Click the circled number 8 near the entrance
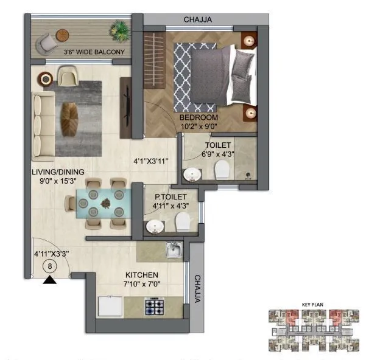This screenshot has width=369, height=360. click(50, 266)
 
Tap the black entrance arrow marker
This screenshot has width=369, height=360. click(50, 280)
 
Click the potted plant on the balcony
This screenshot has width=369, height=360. click(121, 30)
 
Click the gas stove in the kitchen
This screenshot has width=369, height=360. click(154, 307)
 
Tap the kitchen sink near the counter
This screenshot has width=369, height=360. click(173, 249)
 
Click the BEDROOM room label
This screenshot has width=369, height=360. click(199, 117)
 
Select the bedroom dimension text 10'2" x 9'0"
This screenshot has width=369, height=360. click(199, 126)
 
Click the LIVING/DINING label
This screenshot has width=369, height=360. click(58, 171)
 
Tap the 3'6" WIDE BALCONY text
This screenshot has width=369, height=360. click(94, 52)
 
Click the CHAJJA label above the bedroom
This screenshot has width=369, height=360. click(198, 19)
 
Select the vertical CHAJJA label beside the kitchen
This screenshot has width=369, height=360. click(197, 290)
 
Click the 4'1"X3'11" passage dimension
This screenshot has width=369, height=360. click(151, 161)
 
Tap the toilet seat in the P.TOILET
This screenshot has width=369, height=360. click(182, 224)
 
